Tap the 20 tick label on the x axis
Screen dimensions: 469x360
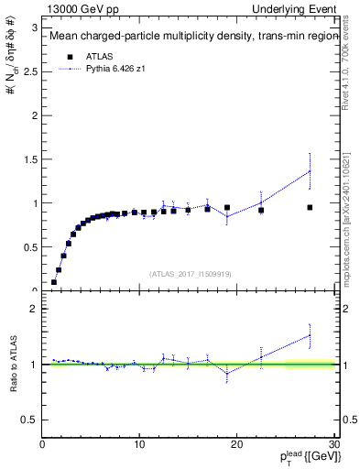[x=236, y=445]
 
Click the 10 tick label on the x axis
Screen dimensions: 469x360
[x=139, y=445]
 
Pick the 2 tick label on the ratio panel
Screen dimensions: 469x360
[x=33, y=309]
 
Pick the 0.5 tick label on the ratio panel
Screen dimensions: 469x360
[x=29, y=420]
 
